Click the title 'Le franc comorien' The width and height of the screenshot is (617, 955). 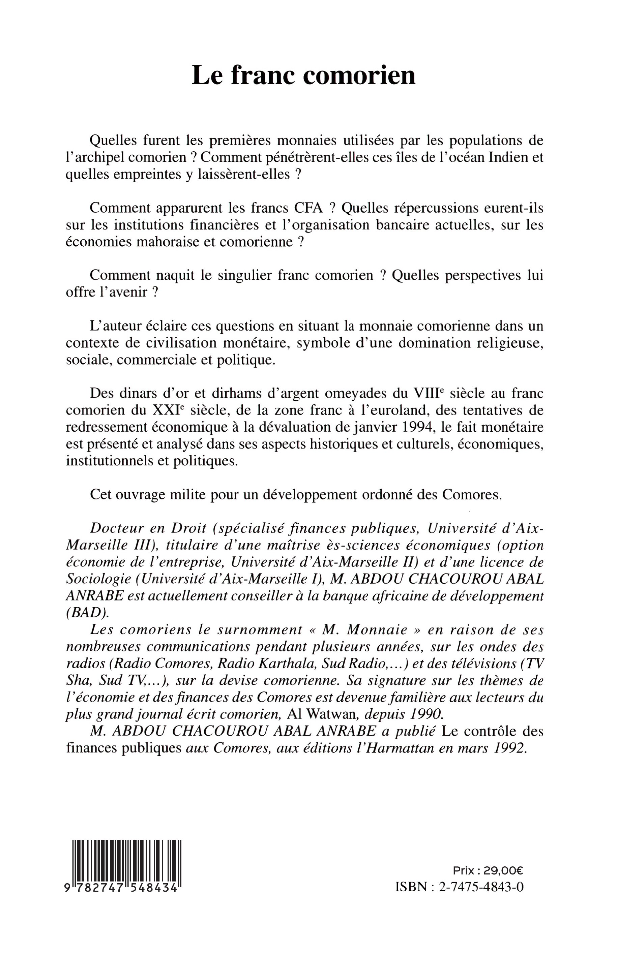(303, 75)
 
